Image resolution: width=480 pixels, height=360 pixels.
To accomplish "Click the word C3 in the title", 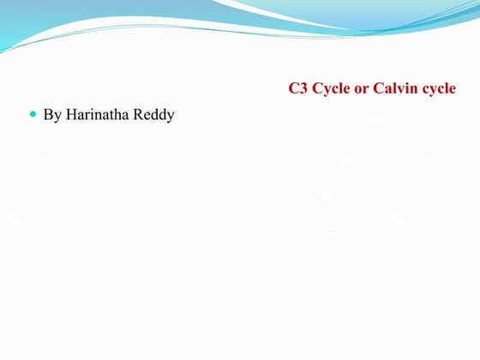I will (x=298, y=89).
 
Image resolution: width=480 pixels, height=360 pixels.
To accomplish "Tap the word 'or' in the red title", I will (x=362, y=89).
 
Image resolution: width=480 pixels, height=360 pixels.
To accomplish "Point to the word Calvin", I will (x=393, y=89).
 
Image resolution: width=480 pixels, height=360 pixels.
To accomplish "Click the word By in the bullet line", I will (x=51, y=114).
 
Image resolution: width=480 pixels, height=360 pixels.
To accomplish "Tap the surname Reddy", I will (x=155, y=114).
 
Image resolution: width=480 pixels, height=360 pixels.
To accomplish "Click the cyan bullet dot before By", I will (x=34, y=113).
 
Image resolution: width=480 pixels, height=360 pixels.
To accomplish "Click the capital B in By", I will (x=48, y=114).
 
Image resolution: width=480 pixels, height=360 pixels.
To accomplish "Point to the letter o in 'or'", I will (x=359, y=90).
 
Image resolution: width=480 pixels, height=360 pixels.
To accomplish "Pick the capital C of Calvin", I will (x=378, y=89).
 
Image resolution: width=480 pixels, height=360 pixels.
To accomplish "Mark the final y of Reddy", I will (x=171, y=116).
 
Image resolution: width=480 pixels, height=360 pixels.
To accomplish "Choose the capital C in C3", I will (x=294, y=89).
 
